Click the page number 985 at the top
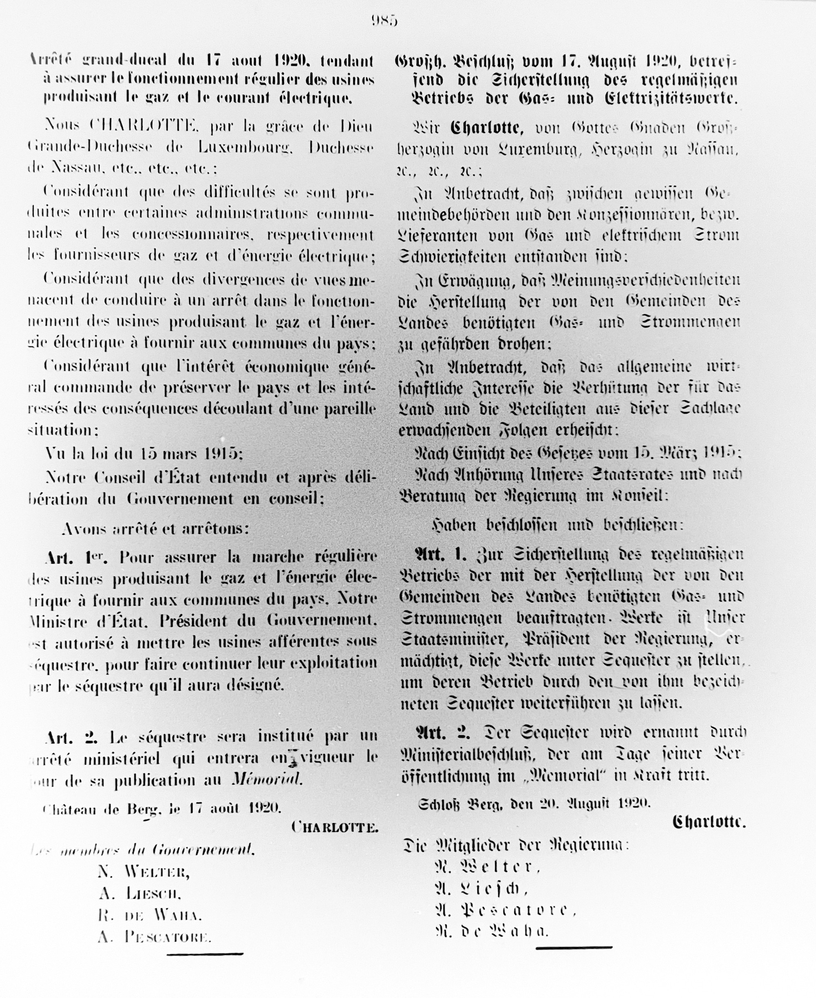point(384,21)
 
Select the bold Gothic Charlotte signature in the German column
point(709,821)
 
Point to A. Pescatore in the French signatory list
point(154,937)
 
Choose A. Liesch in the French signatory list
point(140,894)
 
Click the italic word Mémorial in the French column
point(266,779)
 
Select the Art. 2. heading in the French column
point(71,737)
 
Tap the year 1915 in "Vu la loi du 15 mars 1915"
point(223,454)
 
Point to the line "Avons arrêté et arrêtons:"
point(155,529)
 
